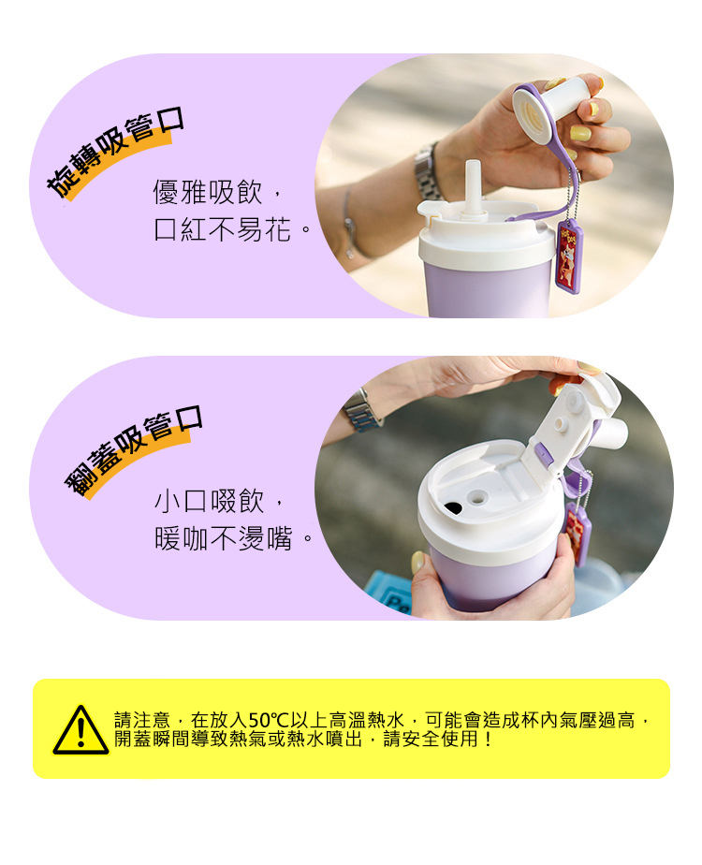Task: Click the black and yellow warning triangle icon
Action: pyautogui.click(x=80, y=730)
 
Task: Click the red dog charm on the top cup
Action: pyautogui.click(x=567, y=256)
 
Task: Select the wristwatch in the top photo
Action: pyautogui.click(x=429, y=171)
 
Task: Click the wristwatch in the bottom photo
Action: pyautogui.click(x=361, y=412)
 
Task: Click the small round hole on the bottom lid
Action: pyautogui.click(x=477, y=497)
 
